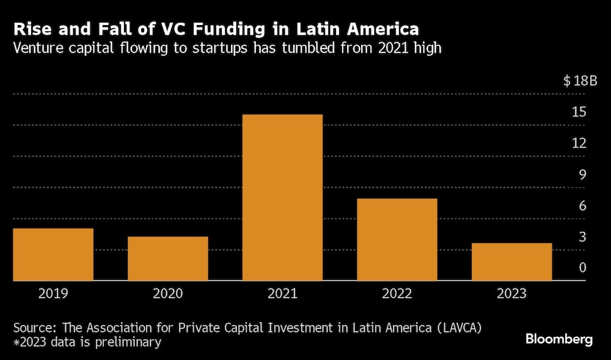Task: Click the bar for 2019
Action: (53, 254)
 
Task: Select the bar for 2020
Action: (168, 259)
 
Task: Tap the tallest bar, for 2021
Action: (282, 197)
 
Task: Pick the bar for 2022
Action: (397, 240)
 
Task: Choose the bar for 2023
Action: (512, 262)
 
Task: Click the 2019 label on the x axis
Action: (53, 293)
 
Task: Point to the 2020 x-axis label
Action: (168, 293)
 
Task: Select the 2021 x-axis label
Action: (282, 293)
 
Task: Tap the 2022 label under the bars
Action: (397, 293)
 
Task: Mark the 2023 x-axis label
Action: (512, 293)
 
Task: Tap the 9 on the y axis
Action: (582, 174)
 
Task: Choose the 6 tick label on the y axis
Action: (582, 205)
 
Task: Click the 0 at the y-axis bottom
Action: (582, 268)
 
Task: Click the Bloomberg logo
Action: (559, 340)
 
